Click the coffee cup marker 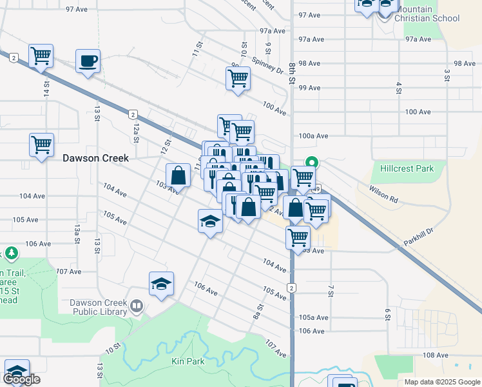point(88,61)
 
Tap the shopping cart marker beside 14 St point(41,56)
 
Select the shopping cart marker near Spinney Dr point(238,79)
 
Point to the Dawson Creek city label point(95,158)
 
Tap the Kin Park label point(188,361)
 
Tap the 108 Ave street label point(435,355)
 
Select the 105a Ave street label point(314,317)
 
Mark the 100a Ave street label point(314,136)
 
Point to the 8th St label point(292,73)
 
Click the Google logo point(21,379)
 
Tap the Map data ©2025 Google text point(441,382)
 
